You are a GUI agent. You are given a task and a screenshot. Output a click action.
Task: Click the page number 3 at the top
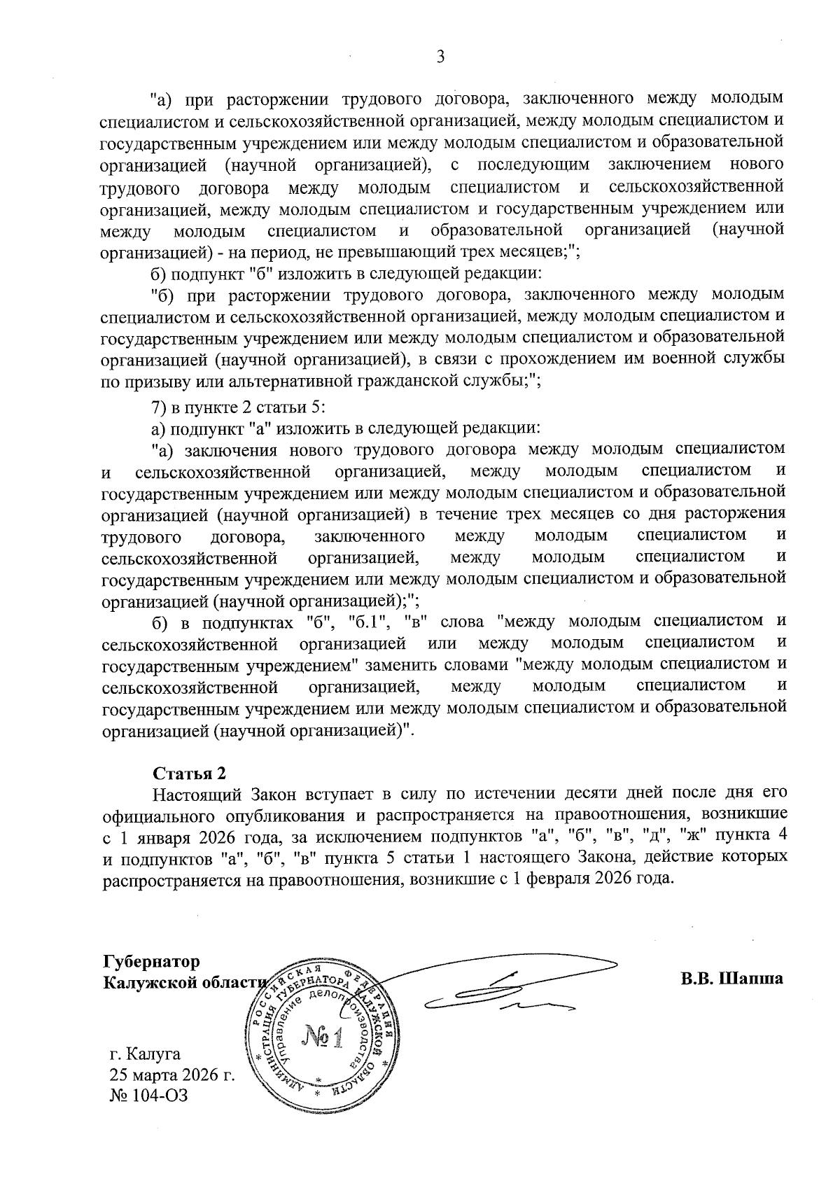[440, 57]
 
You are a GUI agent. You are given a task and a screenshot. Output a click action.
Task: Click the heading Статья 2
[190, 774]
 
